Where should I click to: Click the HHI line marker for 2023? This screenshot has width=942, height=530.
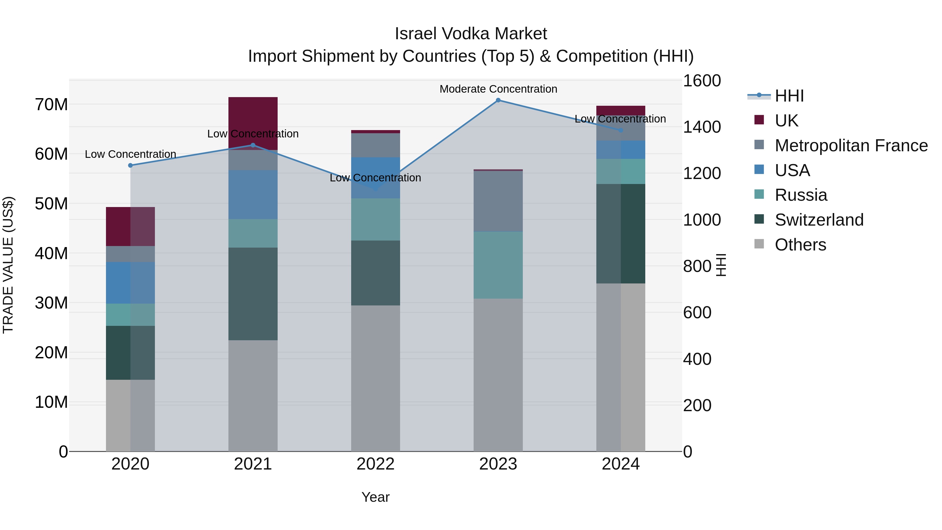[498, 100]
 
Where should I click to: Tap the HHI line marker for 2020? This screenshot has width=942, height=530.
[131, 165]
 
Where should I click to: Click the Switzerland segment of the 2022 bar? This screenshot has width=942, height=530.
[375, 273]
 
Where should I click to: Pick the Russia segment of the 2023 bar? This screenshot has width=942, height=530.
[498, 265]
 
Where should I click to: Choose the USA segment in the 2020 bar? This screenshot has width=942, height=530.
[130, 282]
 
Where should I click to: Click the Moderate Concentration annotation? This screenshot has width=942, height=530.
[498, 89]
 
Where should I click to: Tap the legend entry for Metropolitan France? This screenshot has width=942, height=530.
[851, 146]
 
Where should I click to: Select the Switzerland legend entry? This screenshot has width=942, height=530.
[819, 220]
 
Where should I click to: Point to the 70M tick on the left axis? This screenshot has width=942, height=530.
[51, 105]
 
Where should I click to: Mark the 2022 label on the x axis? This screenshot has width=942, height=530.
[375, 464]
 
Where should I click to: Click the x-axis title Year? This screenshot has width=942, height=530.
[375, 497]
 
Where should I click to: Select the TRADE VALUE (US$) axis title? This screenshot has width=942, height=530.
[8, 265]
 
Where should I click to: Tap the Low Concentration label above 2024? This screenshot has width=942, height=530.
[620, 119]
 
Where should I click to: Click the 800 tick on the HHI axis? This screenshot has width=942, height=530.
[697, 266]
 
